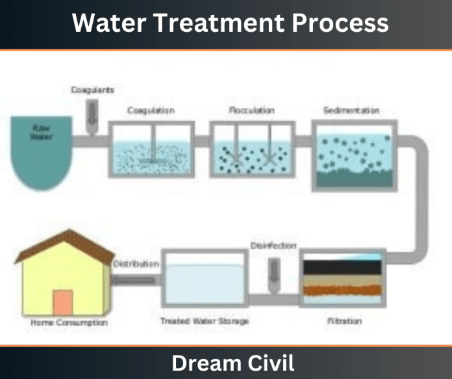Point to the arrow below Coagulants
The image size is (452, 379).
click(x=92, y=115)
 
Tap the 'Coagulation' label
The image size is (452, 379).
click(x=151, y=111)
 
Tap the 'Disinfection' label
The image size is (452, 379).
click(x=273, y=246)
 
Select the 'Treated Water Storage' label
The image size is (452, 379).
click(x=205, y=321)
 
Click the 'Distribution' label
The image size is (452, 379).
click(x=136, y=265)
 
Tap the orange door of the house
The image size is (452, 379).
click(x=63, y=302)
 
